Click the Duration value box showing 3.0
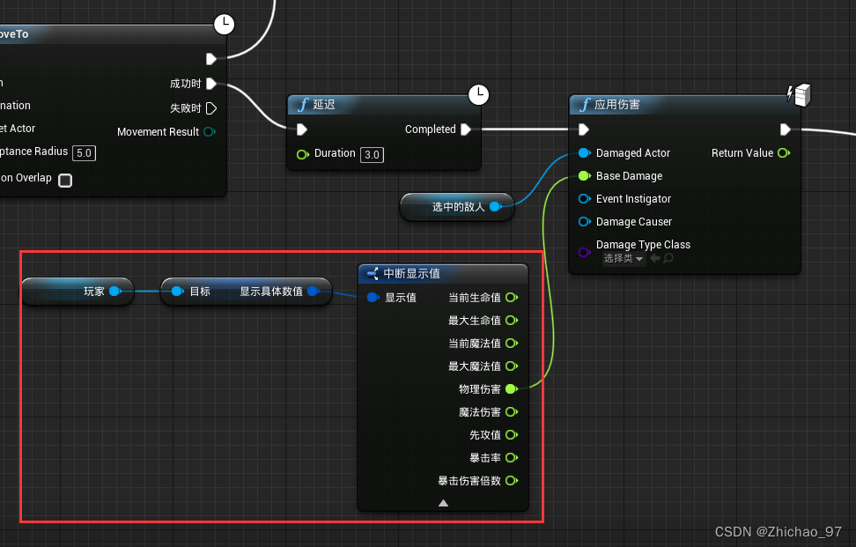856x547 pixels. coord(373,155)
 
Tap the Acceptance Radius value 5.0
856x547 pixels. coord(84,152)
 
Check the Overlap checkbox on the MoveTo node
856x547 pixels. coord(65,180)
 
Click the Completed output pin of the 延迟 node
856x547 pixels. coord(466,129)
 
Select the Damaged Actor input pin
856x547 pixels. coord(584,153)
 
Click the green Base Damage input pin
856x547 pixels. coord(584,176)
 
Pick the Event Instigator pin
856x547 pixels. coord(584,199)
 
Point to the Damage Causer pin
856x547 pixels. coord(584,222)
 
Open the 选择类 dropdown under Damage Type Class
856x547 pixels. coord(624,259)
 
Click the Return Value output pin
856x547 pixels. coord(783,153)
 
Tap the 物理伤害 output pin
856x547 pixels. coord(511,389)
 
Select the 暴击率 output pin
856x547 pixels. coord(511,458)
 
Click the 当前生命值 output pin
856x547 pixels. coord(511,298)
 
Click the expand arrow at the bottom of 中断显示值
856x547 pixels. coord(443,503)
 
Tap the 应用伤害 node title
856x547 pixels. coord(617,105)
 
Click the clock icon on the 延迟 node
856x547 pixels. coord(478,92)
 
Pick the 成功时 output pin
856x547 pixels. coord(211,85)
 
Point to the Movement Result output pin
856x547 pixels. coord(209,132)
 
